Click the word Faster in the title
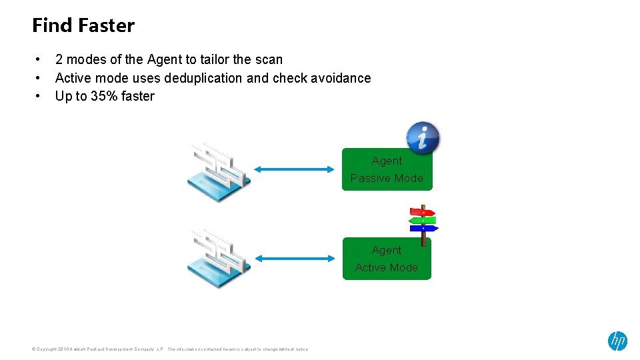tap(107, 26)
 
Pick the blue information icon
tap(423, 138)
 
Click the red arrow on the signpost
tap(422, 212)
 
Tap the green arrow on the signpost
tap(422, 220)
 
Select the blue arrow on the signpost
tap(423, 228)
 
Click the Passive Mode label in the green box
tap(387, 178)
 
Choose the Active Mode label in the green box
tap(387, 267)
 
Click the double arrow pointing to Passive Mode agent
tap(293, 169)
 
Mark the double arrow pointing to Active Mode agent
tap(293, 258)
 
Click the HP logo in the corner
tap(617, 341)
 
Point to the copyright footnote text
tap(170, 349)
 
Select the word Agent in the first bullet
tap(164, 60)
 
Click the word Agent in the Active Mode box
tap(387, 250)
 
